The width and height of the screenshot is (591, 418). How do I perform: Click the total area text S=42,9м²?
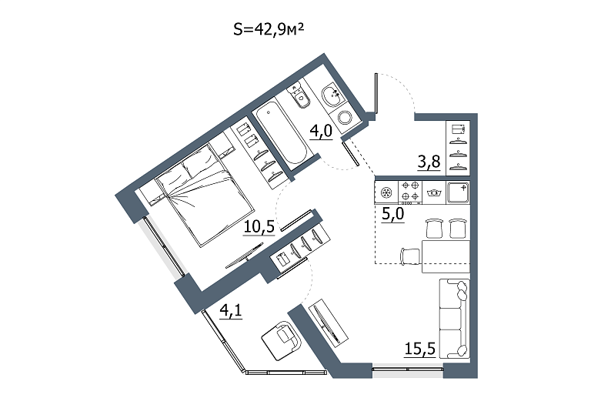(x=269, y=29)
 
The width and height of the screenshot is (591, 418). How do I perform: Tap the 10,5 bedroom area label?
(x=259, y=227)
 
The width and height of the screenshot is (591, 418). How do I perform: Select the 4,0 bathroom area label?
(x=321, y=132)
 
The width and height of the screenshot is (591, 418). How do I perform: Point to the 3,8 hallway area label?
(x=429, y=162)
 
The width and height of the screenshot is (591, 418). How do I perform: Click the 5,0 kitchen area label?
(x=392, y=215)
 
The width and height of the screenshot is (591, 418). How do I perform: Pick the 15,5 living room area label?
(x=420, y=349)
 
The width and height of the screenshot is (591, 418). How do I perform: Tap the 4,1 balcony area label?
(x=231, y=311)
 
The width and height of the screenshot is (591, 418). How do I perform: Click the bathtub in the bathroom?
(x=281, y=134)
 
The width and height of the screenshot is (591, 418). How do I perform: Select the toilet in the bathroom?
(x=299, y=95)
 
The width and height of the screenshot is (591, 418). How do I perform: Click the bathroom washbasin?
(x=333, y=95)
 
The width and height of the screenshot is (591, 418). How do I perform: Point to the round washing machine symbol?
(x=345, y=118)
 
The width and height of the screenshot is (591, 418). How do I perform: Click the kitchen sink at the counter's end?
(x=458, y=192)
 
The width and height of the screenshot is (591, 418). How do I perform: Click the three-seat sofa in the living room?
(x=455, y=319)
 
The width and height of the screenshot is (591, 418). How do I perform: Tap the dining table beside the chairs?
(x=446, y=256)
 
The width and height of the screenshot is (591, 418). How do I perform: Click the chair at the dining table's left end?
(x=410, y=256)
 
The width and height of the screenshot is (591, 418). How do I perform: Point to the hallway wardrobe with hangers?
(x=458, y=148)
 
